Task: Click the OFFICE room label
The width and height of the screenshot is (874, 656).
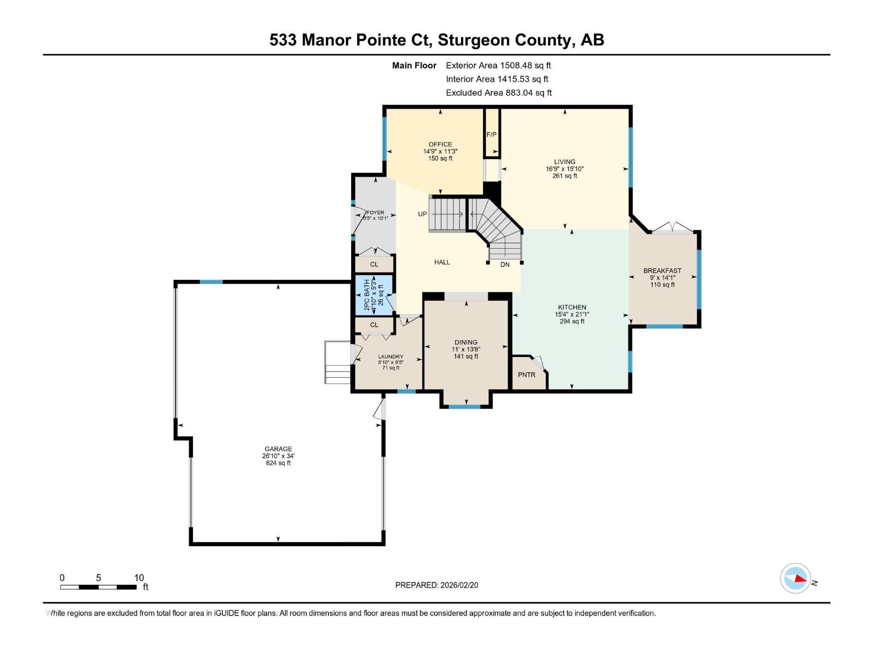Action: (440, 144)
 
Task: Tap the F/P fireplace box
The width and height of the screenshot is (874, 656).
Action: (492, 134)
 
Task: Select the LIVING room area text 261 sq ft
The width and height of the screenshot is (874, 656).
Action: (565, 176)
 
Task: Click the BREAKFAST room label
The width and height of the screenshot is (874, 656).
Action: (662, 271)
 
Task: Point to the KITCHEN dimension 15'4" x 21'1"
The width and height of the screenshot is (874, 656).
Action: (572, 314)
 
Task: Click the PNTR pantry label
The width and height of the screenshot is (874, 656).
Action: (527, 374)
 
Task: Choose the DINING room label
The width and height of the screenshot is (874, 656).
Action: (466, 342)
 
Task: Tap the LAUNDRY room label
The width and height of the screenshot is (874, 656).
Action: (391, 356)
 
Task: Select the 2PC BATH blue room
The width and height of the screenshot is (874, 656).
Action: (374, 295)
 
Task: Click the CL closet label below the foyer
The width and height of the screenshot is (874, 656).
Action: (374, 264)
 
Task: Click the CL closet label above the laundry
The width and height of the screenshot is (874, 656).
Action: (374, 325)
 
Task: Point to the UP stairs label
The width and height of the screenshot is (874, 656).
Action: (422, 214)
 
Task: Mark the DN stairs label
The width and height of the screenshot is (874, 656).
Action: (505, 265)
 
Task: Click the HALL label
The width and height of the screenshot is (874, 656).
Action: (442, 262)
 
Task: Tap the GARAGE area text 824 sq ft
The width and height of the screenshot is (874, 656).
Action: (278, 463)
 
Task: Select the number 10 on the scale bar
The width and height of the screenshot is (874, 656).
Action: (139, 578)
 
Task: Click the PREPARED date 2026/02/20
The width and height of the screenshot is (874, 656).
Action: (458, 585)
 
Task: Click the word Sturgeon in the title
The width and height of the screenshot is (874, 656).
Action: (473, 40)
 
